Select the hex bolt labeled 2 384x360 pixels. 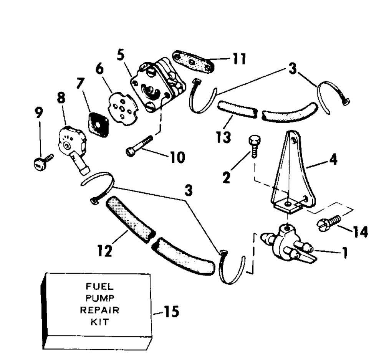coord(255,147)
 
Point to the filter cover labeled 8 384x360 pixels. coord(72,144)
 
